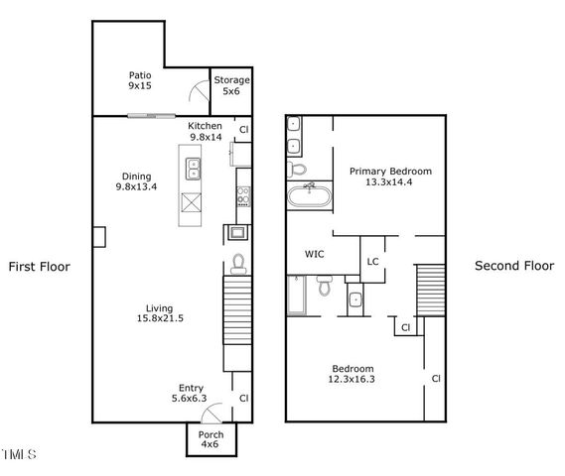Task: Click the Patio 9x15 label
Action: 139,80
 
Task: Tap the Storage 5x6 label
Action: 231,85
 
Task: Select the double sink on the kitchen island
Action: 193,169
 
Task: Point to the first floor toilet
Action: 238,263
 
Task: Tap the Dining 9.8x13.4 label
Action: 137,181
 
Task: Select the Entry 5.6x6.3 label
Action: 192,394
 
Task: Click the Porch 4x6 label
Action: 211,440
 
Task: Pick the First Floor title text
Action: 40,267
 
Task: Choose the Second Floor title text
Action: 513,266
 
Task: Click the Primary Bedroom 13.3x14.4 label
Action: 390,177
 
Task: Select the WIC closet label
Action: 314,255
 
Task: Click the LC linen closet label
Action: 373,262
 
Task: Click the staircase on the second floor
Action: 430,289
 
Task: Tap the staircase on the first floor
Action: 237,309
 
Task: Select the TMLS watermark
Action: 19,455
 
